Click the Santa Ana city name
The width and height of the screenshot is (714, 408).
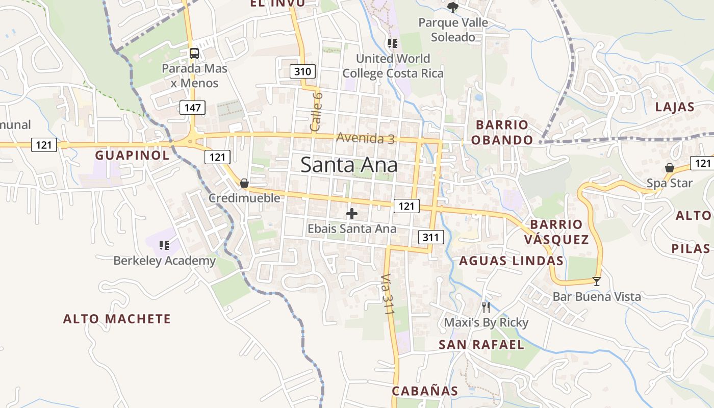[x=349, y=165]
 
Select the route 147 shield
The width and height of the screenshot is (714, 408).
[x=192, y=108]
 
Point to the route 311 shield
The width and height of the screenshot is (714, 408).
[x=430, y=237]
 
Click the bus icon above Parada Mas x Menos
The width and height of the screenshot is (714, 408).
[x=194, y=53]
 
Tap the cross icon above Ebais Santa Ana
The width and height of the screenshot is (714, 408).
[x=351, y=214]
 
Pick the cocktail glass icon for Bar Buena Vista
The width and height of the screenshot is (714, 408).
[x=596, y=281]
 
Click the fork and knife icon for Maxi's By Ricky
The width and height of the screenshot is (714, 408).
[x=486, y=307]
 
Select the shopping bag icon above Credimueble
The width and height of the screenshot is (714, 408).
[x=244, y=183]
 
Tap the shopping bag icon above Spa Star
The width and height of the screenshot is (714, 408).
[x=669, y=168]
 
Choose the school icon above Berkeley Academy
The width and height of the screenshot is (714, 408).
[x=164, y=245]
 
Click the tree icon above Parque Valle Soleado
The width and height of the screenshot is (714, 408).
[x=452, y=7]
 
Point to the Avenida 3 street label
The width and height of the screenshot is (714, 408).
[x=365, y=138]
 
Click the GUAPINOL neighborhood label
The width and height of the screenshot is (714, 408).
[x=132, y=155]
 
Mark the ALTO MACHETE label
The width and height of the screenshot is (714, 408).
[x=117, y=319]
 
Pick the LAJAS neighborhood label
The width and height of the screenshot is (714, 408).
[x=675, y=107]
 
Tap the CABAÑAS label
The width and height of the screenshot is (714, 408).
[x=425, y=391]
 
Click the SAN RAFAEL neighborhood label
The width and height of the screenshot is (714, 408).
[x=481, y=345]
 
